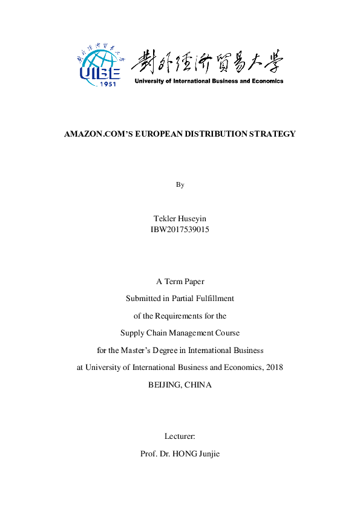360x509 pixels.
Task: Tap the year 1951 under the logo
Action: point(107,82)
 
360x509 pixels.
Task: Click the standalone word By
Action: point(180,184)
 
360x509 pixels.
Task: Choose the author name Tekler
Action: point(166,218)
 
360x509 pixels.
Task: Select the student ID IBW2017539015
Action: point(180,229)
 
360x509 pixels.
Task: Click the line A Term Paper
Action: point(180,281)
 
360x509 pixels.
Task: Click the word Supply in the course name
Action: point(131,332)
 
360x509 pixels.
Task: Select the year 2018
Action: point(274,367)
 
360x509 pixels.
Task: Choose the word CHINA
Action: point(198,384)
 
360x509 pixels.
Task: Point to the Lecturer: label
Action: point(180,436)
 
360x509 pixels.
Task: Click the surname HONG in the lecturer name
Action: point(185,453)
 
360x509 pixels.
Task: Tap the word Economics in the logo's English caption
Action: point(267,81)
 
